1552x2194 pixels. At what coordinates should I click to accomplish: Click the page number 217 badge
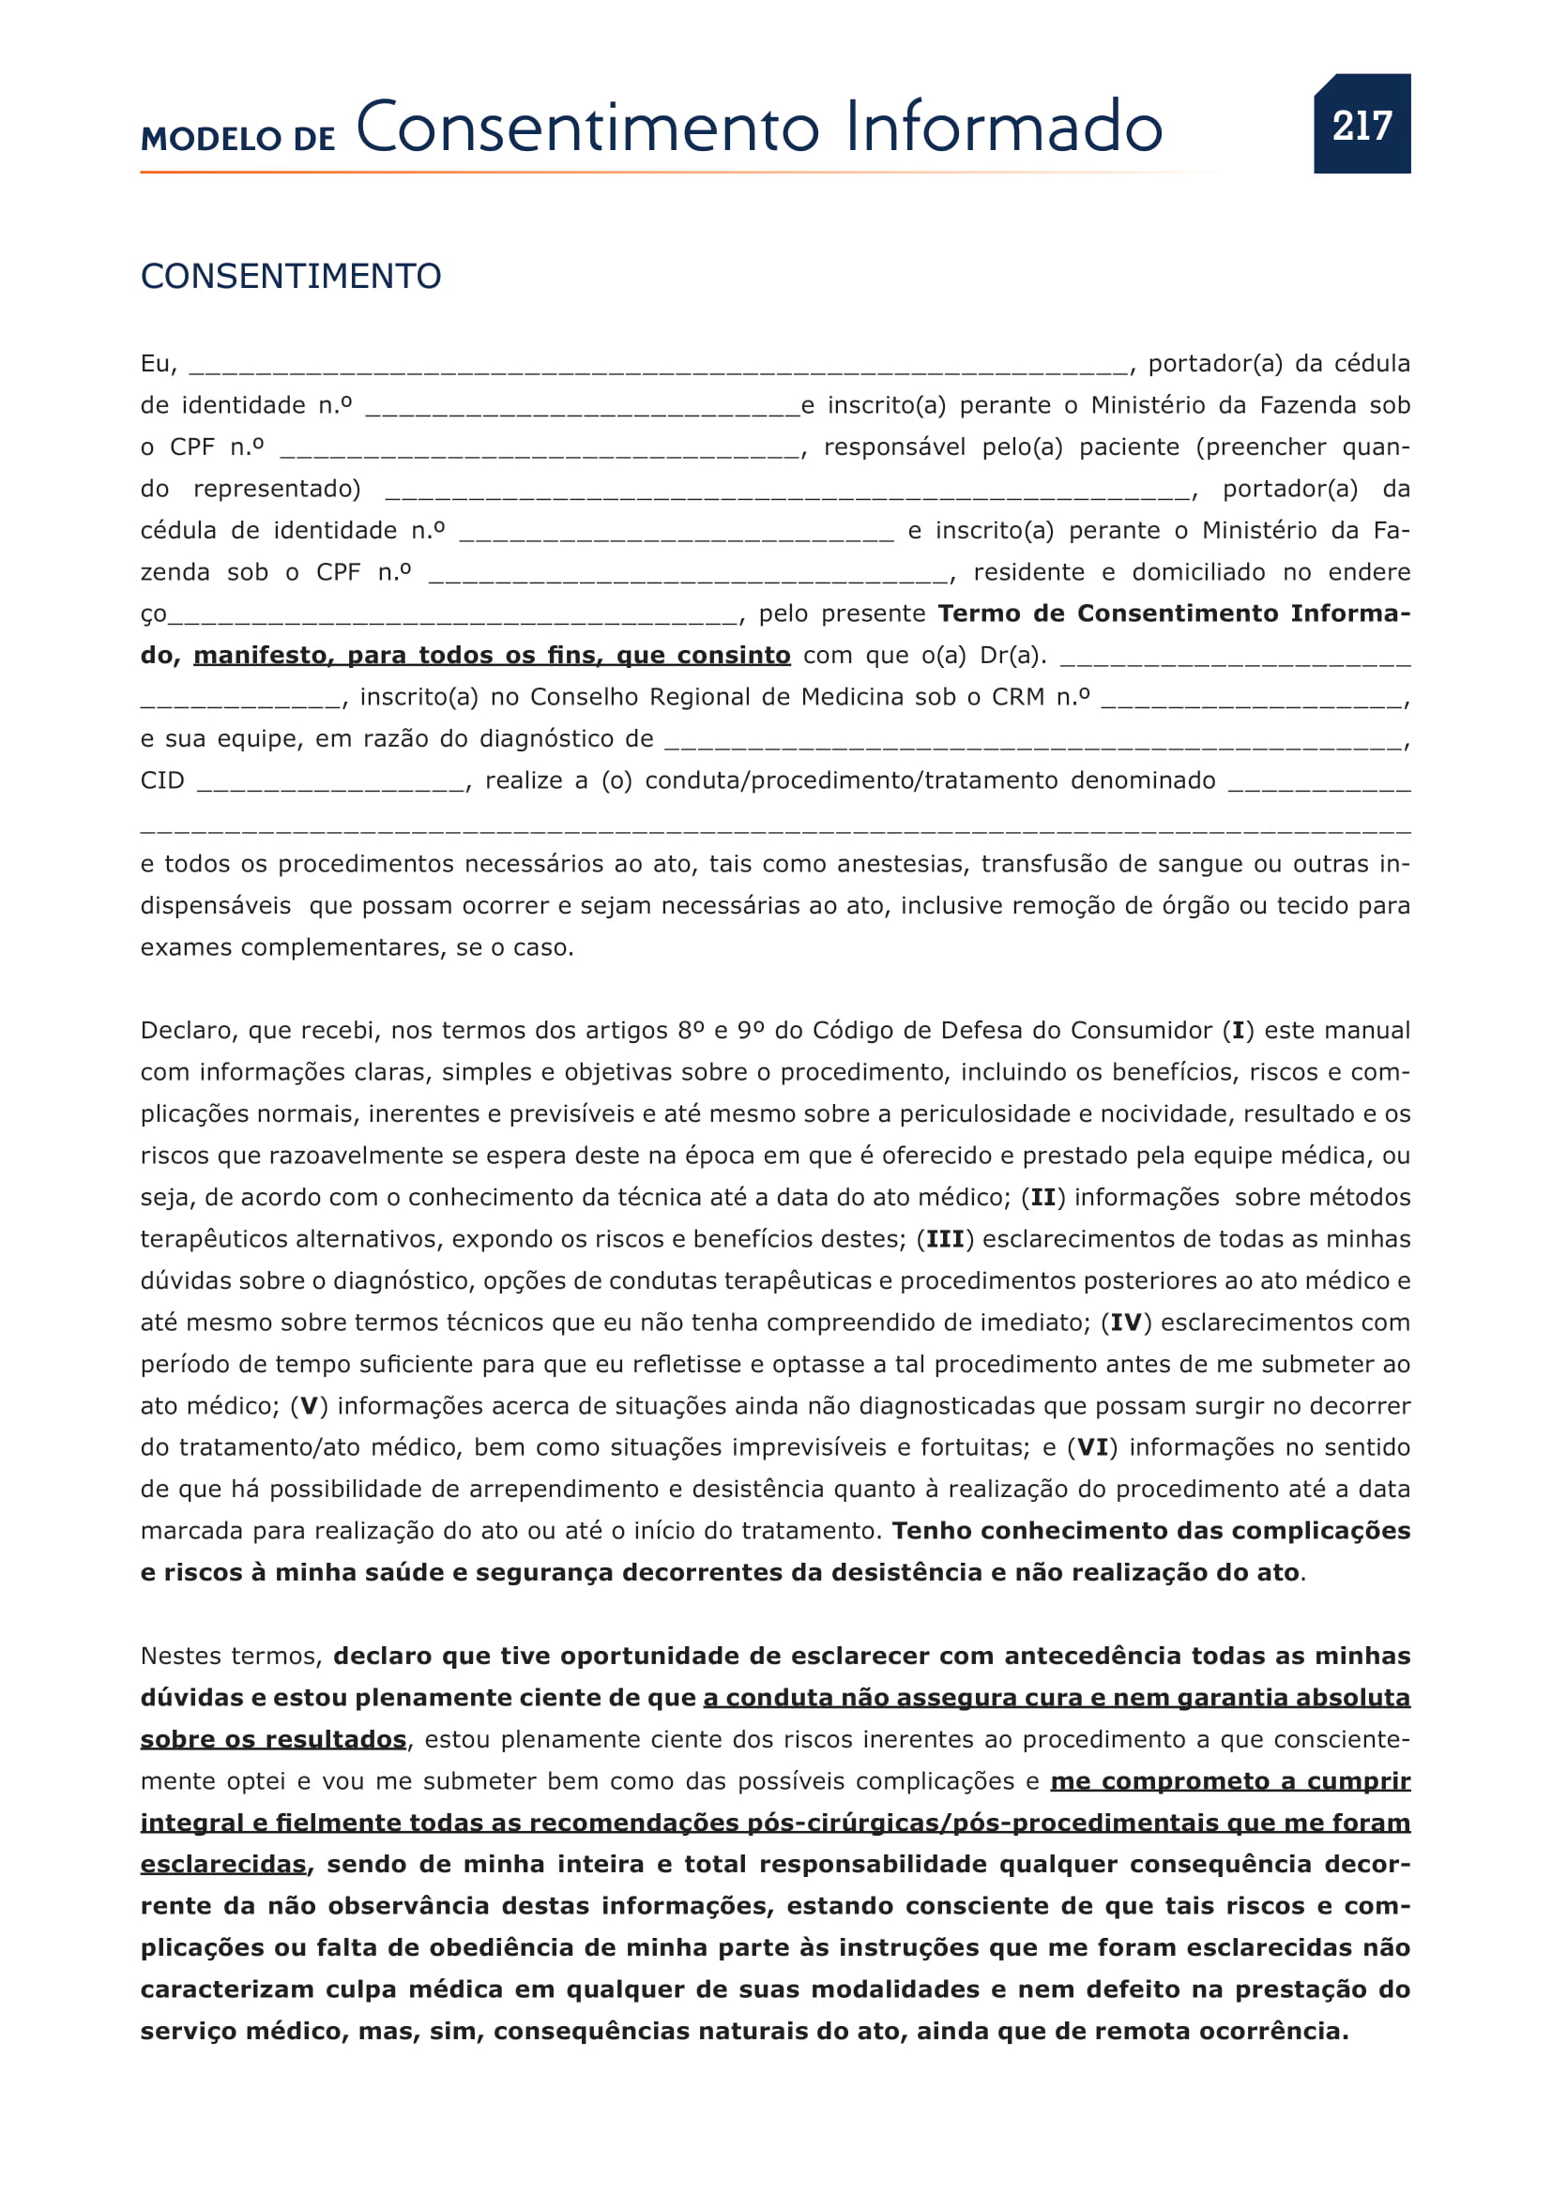pyautogui.click(x=1361, y=124)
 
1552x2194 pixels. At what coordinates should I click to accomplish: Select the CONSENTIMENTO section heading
pyautogui.click(x=291, y=276)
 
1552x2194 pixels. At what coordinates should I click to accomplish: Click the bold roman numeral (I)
pyautogui.click(x=1238, y=1030)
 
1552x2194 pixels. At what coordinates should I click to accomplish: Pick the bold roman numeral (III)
pyautogui.click(x=944, y=1239)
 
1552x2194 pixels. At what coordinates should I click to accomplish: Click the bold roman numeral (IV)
pyautogui.click(x=1126, y=1323)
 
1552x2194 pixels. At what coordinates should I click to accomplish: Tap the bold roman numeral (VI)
pyautogui.click(x=1092, y=1447)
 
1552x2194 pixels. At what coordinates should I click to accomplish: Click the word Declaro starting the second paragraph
pyautogui.click(x=188, y=1030)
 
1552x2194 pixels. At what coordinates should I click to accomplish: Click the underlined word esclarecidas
pyautogui.click(x=222, y=1865)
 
